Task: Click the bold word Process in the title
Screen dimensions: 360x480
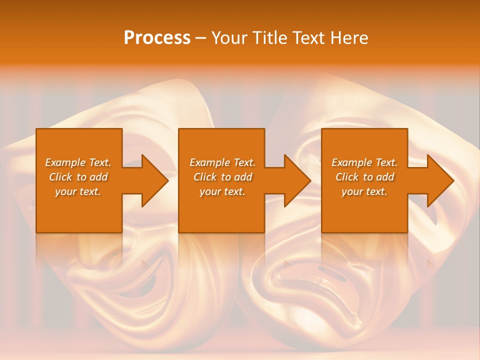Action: pos(157,38)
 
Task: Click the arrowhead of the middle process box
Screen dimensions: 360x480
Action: pos(296,180)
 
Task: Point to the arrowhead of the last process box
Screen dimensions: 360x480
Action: pos(439,180)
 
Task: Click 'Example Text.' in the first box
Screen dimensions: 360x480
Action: pos(78,162)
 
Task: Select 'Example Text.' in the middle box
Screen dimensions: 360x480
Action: pos(222,162)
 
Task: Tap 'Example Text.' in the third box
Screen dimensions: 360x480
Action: pos(364,162)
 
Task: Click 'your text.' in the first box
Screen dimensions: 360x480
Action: pos(78,191)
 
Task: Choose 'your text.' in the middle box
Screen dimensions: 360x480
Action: pos(222,191)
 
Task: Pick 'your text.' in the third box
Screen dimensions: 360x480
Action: pos(364,191)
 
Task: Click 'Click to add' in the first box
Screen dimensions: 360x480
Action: pos(78,177)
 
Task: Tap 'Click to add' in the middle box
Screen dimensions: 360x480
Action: pos(222,177)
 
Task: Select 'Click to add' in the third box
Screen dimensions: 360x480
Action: pos(364,177)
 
